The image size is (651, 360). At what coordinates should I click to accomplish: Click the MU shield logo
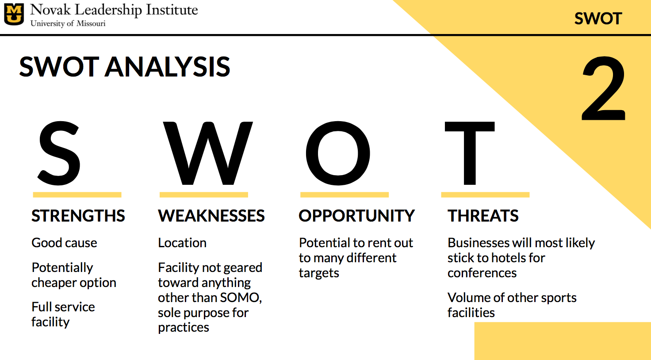point(14,14)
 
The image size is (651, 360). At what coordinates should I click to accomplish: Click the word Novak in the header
point(50,10)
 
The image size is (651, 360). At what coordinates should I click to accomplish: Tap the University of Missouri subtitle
point(68,23)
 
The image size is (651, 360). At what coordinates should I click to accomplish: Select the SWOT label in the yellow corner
point(598,19)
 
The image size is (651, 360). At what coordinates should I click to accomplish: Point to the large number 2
point(603,88)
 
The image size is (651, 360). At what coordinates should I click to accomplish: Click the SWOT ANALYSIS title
point(125,67)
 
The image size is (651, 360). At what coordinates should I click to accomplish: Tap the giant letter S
point(59,153)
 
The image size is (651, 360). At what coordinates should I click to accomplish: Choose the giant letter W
point(208,153)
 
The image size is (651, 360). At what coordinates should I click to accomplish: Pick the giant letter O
point(338,153)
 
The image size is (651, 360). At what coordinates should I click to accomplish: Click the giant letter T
point(470,153)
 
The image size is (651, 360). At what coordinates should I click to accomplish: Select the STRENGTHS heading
point(78,215)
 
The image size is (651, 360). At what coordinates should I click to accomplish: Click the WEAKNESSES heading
point(211,215)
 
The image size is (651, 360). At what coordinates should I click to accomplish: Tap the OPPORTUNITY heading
point(356,215)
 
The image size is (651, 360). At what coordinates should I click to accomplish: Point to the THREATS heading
point(483,215)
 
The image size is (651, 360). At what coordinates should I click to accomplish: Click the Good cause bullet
point(64,243)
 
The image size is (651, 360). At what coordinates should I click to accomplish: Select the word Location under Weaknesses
point(182,243)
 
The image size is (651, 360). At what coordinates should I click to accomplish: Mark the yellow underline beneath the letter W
point(204,195)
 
